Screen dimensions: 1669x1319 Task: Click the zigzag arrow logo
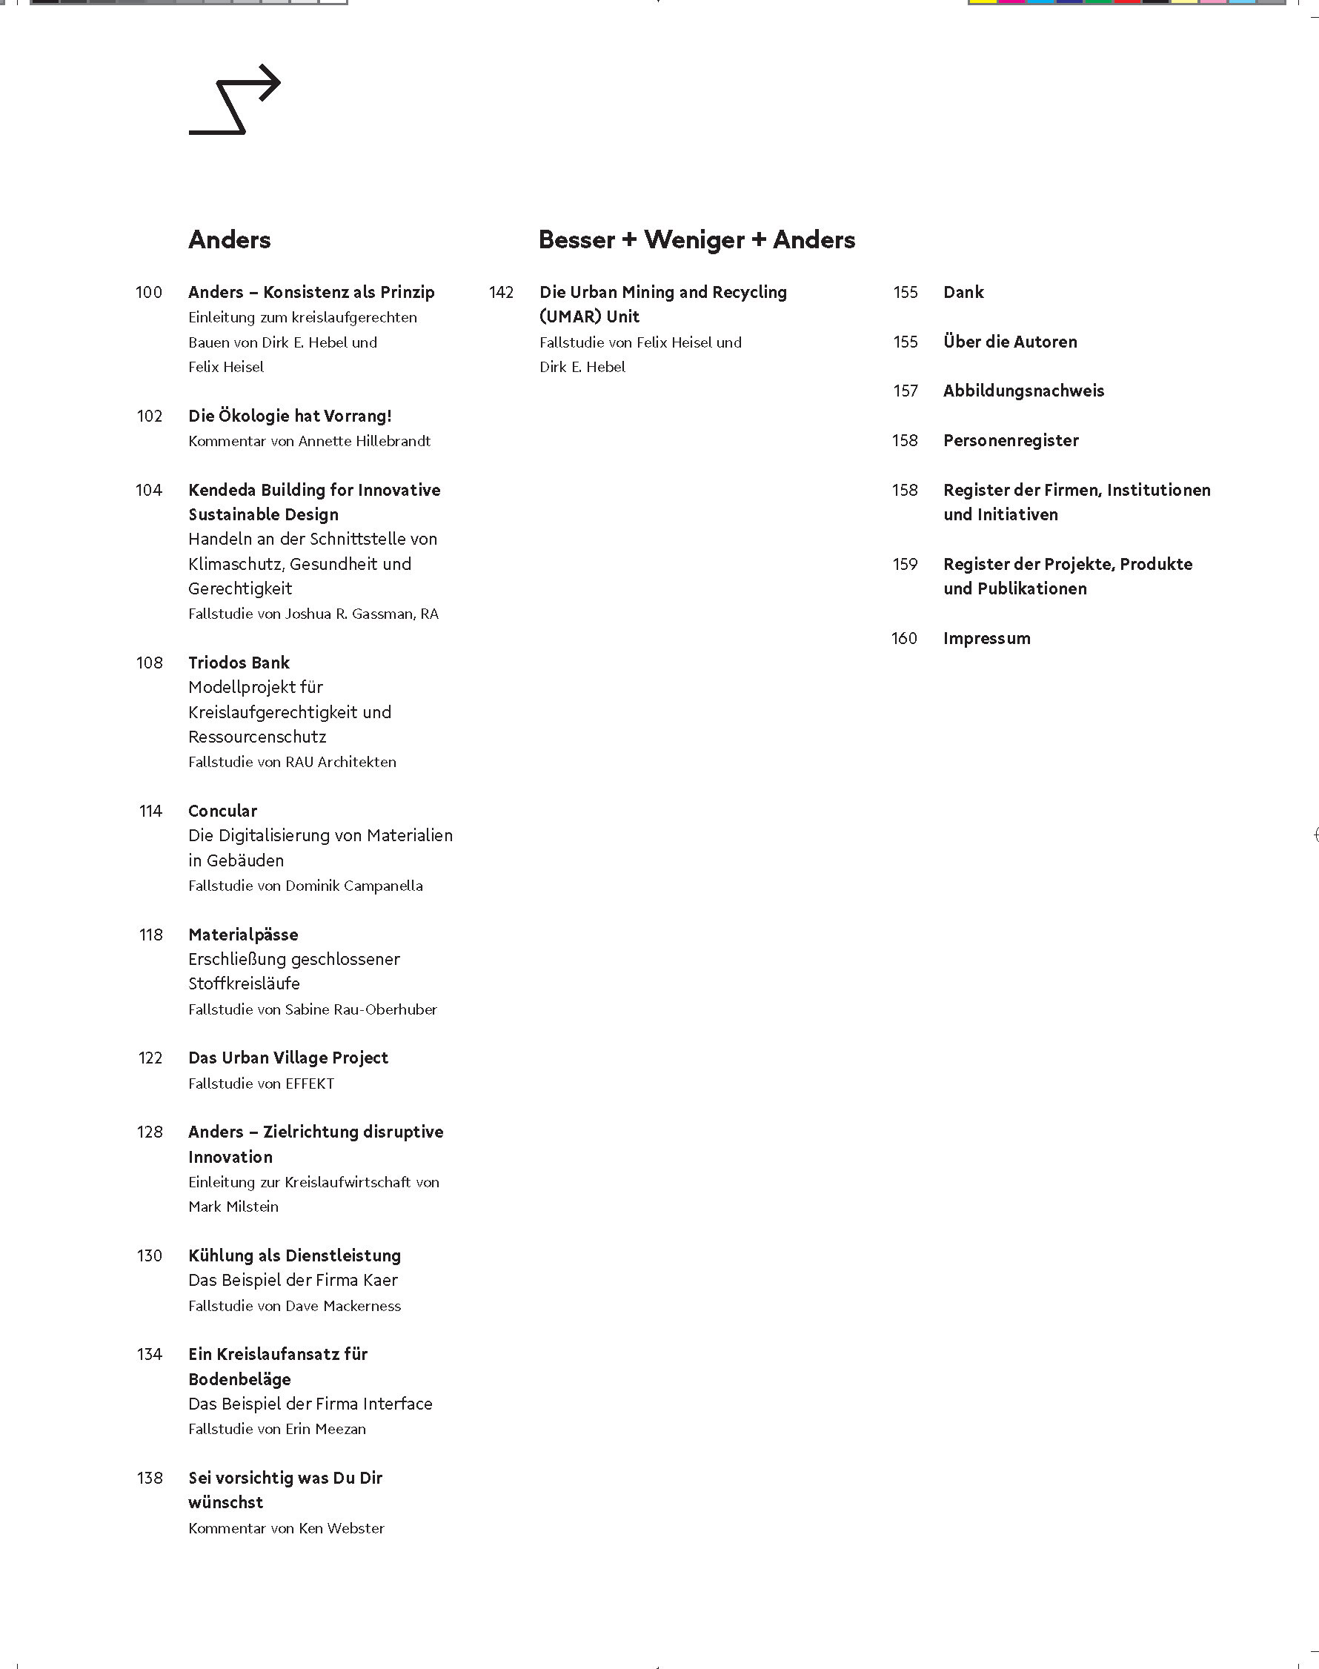click(235, 99)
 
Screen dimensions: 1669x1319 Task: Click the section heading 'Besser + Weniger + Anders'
click(697, 239)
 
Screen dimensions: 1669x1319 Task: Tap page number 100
click(149, 293)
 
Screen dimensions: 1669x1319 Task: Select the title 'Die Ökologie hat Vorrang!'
click(290, 417)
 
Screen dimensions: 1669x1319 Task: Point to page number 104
click(149, 491)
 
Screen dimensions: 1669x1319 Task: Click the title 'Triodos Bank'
click(239, 663)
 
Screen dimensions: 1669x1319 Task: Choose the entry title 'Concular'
click(222, 811)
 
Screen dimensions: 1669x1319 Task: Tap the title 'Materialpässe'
click(243, 935)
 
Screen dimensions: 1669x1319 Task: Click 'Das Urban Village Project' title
click(288, 1058)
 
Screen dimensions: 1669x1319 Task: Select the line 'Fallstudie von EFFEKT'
click(261, 1084)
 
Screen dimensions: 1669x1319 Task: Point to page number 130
click(150, 1255)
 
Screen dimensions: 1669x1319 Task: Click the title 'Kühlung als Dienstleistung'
click(294, 1255)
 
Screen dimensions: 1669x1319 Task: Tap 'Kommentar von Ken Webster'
click(286, 1528)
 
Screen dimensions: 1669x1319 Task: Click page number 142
click(501, 293)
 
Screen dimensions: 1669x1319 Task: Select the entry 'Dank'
click(963, 293)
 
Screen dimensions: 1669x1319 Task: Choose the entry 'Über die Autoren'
click(1009, 342)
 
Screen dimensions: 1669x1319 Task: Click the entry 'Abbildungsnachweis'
click(1023, 391)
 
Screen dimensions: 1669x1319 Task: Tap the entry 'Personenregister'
click(1010, 441)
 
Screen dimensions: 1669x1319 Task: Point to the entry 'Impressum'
click(986, 639)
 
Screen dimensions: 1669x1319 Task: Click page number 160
click(904, 639)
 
